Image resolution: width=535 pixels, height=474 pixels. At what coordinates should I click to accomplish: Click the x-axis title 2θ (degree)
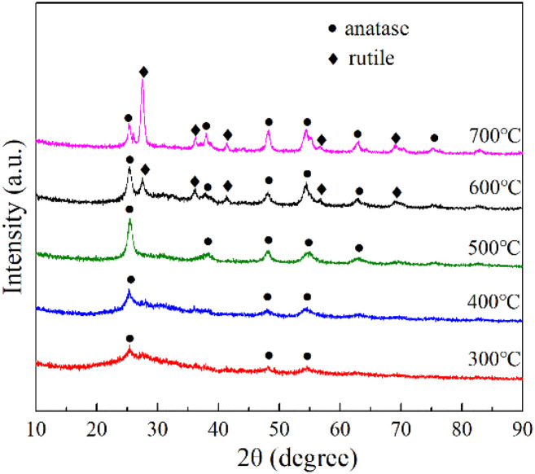tap(279, 454)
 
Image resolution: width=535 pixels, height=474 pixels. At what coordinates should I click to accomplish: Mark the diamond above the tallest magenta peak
tap(143, 72)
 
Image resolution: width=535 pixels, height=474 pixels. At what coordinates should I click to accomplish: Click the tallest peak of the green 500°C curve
tap(129, 222)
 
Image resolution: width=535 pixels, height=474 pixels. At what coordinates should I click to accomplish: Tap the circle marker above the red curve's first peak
tap(129, 337)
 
